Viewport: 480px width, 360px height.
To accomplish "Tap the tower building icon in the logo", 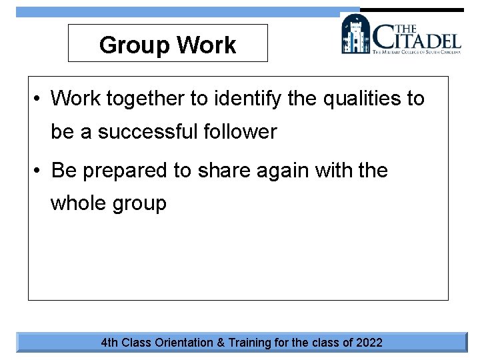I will point(355,34).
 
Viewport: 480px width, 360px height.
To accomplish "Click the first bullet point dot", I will point(39,99).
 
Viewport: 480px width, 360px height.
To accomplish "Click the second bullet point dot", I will point(39,171).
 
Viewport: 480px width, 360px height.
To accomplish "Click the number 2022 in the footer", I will point(369,343).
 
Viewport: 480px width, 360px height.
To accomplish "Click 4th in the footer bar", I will point(109,343).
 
